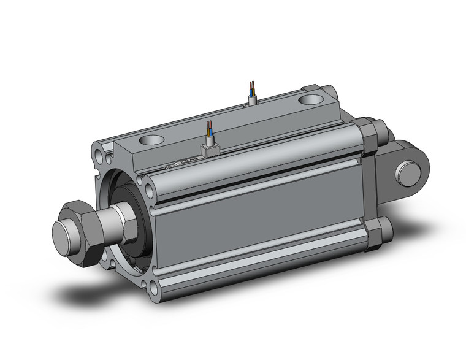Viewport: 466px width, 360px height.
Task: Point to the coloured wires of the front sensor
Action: [x=210, y=129]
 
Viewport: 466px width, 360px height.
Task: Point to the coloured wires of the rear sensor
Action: [x=251, y=86]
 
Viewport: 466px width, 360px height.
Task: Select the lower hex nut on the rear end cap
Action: [x=375, y=234]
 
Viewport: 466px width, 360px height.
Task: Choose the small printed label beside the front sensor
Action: [x=175, y=166]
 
